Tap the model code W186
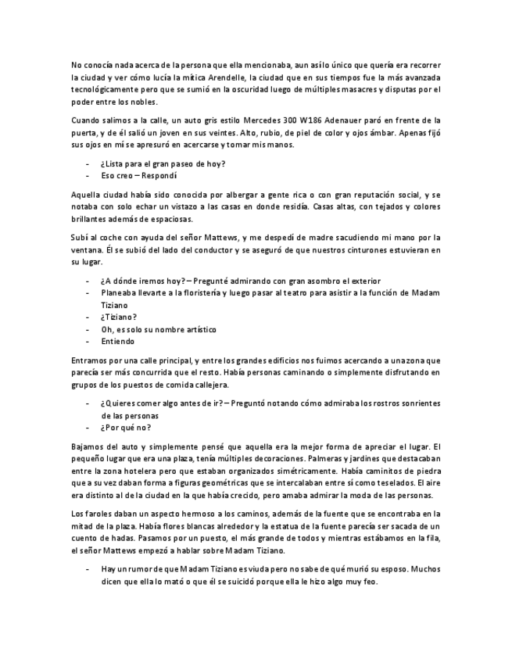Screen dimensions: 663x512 (320, 120)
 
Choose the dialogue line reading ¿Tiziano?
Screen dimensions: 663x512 (119, 317)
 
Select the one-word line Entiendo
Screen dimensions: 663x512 (118, 341)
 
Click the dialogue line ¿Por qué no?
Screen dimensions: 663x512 (125, 428)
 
